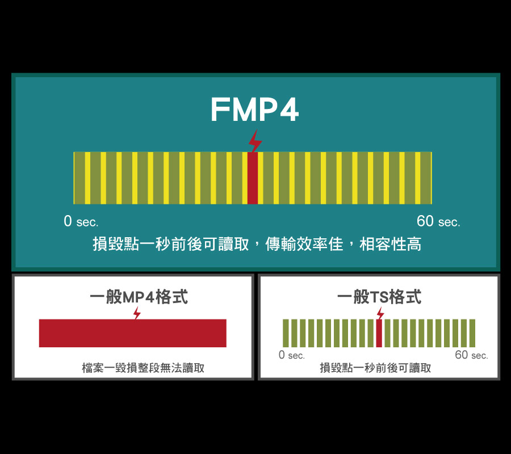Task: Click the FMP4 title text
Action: tap(254, 110)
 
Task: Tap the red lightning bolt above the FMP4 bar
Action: tap(255, 141)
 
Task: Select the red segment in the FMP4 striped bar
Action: tap(253, 178)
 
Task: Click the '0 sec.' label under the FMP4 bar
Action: tap(81, 221)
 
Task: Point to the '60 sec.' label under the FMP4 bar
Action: tap(438, 221)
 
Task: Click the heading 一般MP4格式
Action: tap(139, 297)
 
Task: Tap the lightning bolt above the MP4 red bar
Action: tap(137, 313)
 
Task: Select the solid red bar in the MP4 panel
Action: tap(133, 333)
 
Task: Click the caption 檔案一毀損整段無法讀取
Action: tap(143, 368)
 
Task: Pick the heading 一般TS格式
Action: tap(379, 297)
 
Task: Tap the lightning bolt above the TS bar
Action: tap(380, 313)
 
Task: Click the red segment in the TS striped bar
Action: tap(379, 333)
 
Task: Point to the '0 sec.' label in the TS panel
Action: tap(292, 355)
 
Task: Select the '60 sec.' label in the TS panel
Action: tap(472, 355)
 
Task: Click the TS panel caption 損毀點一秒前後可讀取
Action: tap(375, 368)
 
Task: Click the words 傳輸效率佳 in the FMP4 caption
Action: tap(304, 244)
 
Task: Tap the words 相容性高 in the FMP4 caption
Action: tap(390, 244)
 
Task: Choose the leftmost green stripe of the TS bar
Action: tap(286, 333)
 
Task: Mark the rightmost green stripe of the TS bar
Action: tap(472, 333)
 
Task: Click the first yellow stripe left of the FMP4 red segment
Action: tap(245, 178)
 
